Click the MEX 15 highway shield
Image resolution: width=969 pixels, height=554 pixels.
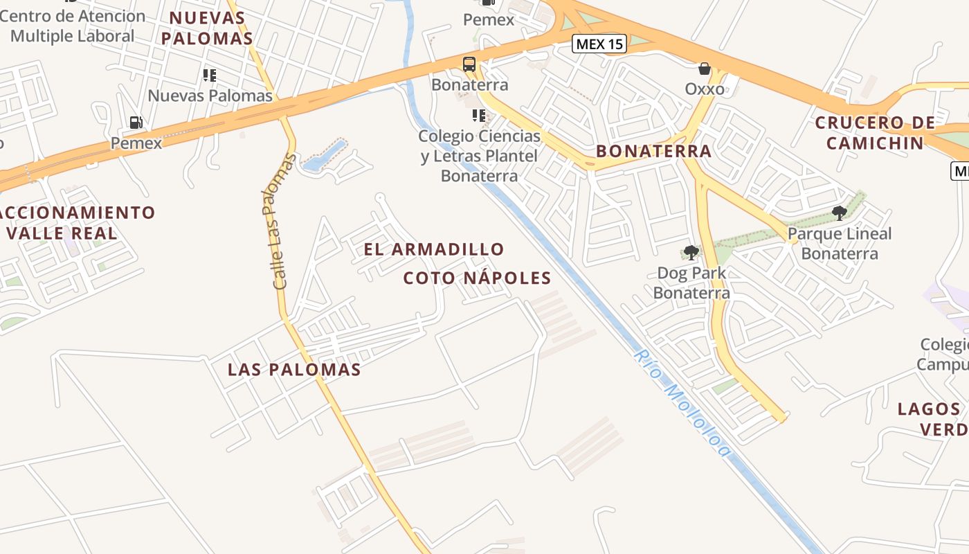pos(599,44)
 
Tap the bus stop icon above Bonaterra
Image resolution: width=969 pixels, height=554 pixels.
pos(469,64)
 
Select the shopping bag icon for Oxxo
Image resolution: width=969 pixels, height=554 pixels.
pos(705,69)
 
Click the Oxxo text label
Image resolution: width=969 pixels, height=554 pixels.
pos(705,89)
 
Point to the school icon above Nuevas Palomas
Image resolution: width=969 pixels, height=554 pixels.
pos(210,75)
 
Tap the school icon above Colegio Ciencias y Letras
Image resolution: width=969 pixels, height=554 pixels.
pos(479,115)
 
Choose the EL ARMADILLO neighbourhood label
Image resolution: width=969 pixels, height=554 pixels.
pos(434,249)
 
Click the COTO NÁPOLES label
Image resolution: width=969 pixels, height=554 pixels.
pos(477,278)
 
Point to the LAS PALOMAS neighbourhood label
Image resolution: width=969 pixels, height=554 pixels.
pos(294,370)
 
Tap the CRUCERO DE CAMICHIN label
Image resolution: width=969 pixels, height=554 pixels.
pos(875,133)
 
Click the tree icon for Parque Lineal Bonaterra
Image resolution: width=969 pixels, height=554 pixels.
pos(840,213)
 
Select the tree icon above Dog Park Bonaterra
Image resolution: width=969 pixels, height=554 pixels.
pos(691,252)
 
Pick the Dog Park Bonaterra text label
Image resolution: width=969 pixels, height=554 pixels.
pos(691,283)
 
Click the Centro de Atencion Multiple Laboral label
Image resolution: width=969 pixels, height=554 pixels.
pos(72,26)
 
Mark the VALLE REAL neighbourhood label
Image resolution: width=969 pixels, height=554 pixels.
pos(62,233)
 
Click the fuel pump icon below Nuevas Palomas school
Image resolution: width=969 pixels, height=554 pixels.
pos(136,123)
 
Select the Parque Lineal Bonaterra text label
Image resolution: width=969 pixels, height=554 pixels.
pos(840,243)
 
